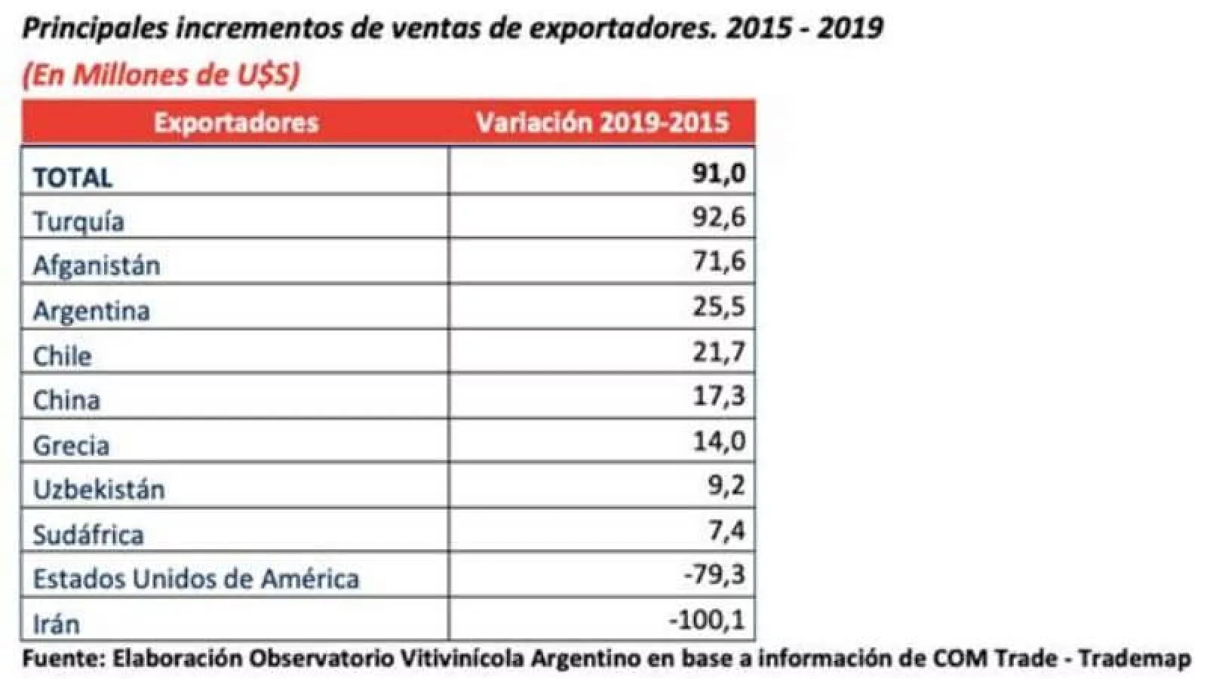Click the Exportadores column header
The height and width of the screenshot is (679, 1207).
tap(236, 122)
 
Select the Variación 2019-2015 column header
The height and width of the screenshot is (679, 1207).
tap(602, 122)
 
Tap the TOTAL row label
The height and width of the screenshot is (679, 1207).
tap(73, 177)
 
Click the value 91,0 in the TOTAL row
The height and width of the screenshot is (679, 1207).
tap(718, 173)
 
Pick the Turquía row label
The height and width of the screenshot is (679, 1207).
tap(78, 222)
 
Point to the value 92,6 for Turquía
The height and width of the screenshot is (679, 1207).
tap(718, 217)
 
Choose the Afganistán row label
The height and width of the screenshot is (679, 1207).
tap(97, 266)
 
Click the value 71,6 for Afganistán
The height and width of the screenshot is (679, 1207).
tap(718, 261)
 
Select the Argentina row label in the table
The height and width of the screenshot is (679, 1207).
tap(91, 311)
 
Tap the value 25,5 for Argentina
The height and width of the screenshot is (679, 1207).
tap(718, 306)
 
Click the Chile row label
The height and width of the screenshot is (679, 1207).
tap(62, 355)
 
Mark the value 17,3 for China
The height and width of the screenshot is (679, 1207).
tap(718, 395)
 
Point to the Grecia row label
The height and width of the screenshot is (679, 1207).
tap(71, 445)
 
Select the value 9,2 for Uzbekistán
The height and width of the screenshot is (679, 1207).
tap(726, 485)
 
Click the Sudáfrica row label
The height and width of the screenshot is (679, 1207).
tap(88, 534)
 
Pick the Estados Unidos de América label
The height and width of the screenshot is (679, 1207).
tap(196, 579)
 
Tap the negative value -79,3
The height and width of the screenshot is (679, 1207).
tap(714, 575)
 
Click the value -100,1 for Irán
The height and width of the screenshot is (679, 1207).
tap(707, 620)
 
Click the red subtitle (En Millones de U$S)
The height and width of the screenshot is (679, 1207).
tap(161, 75)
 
